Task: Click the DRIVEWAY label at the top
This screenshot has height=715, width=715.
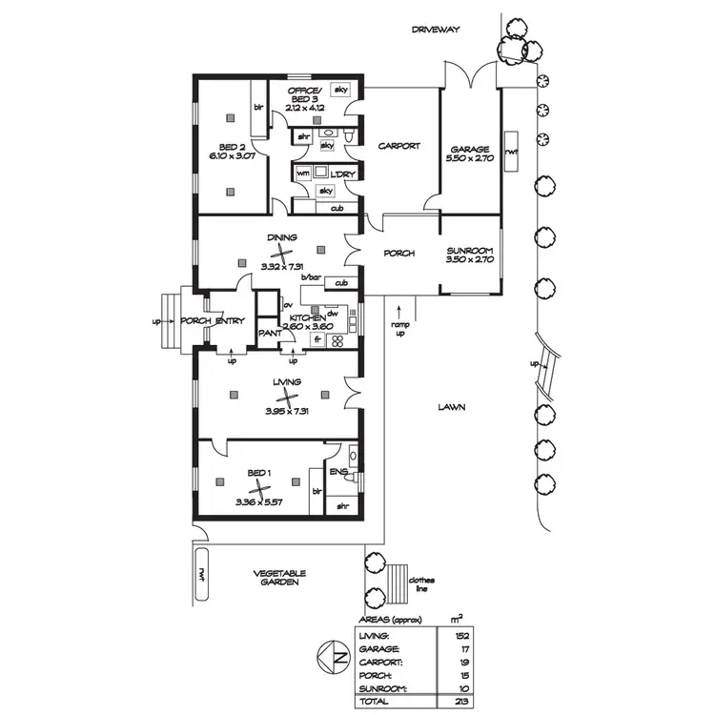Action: coord(436,30)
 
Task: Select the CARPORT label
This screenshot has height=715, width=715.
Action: coord(399,146)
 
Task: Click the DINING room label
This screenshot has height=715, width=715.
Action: coord(282,237)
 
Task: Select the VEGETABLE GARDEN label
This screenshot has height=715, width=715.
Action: coord(278,578)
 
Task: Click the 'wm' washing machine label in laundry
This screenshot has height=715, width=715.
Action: coord(302,174)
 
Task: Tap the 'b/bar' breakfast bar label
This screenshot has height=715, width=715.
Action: coord(309,277)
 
